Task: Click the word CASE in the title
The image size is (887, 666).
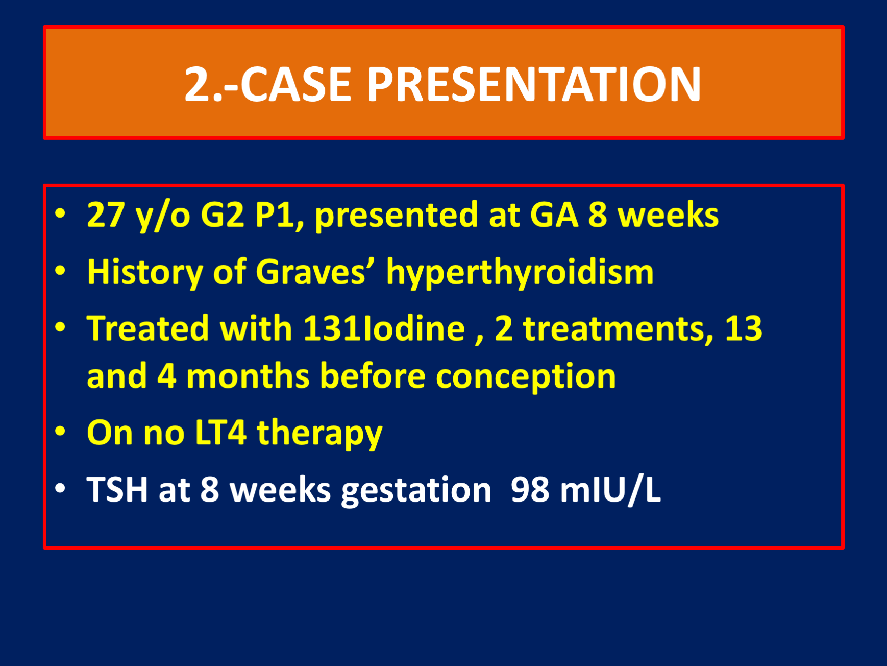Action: point(296,84)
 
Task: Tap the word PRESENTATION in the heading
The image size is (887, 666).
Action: point(534,84)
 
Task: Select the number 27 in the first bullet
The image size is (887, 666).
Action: point(106,215)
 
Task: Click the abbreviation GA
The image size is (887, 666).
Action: point(554,215)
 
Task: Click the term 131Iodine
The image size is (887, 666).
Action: point(384,328)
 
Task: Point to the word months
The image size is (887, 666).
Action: point(248,376)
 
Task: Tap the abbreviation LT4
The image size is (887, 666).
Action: point(220,433)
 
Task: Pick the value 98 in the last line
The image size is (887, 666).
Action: point(530,490)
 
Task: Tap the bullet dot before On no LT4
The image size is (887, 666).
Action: point(60,432)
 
